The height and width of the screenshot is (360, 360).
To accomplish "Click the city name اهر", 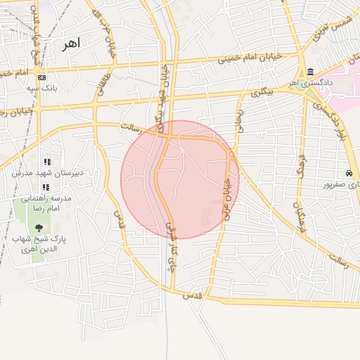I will tap(71, 44).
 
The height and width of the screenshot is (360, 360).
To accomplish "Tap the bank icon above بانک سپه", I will tap(42, 77).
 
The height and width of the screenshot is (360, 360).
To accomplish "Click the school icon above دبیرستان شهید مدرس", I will tap(47, 162).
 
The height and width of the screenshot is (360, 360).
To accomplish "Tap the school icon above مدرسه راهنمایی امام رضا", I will tap(46, 187).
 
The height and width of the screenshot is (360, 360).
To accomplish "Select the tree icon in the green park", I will tap(38, 227).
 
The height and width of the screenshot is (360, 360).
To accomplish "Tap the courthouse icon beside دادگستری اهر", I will tap(311, 72).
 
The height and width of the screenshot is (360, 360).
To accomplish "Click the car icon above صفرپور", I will tap(349, 174).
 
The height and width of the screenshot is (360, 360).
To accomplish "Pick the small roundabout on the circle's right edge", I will tap(231, 153).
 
